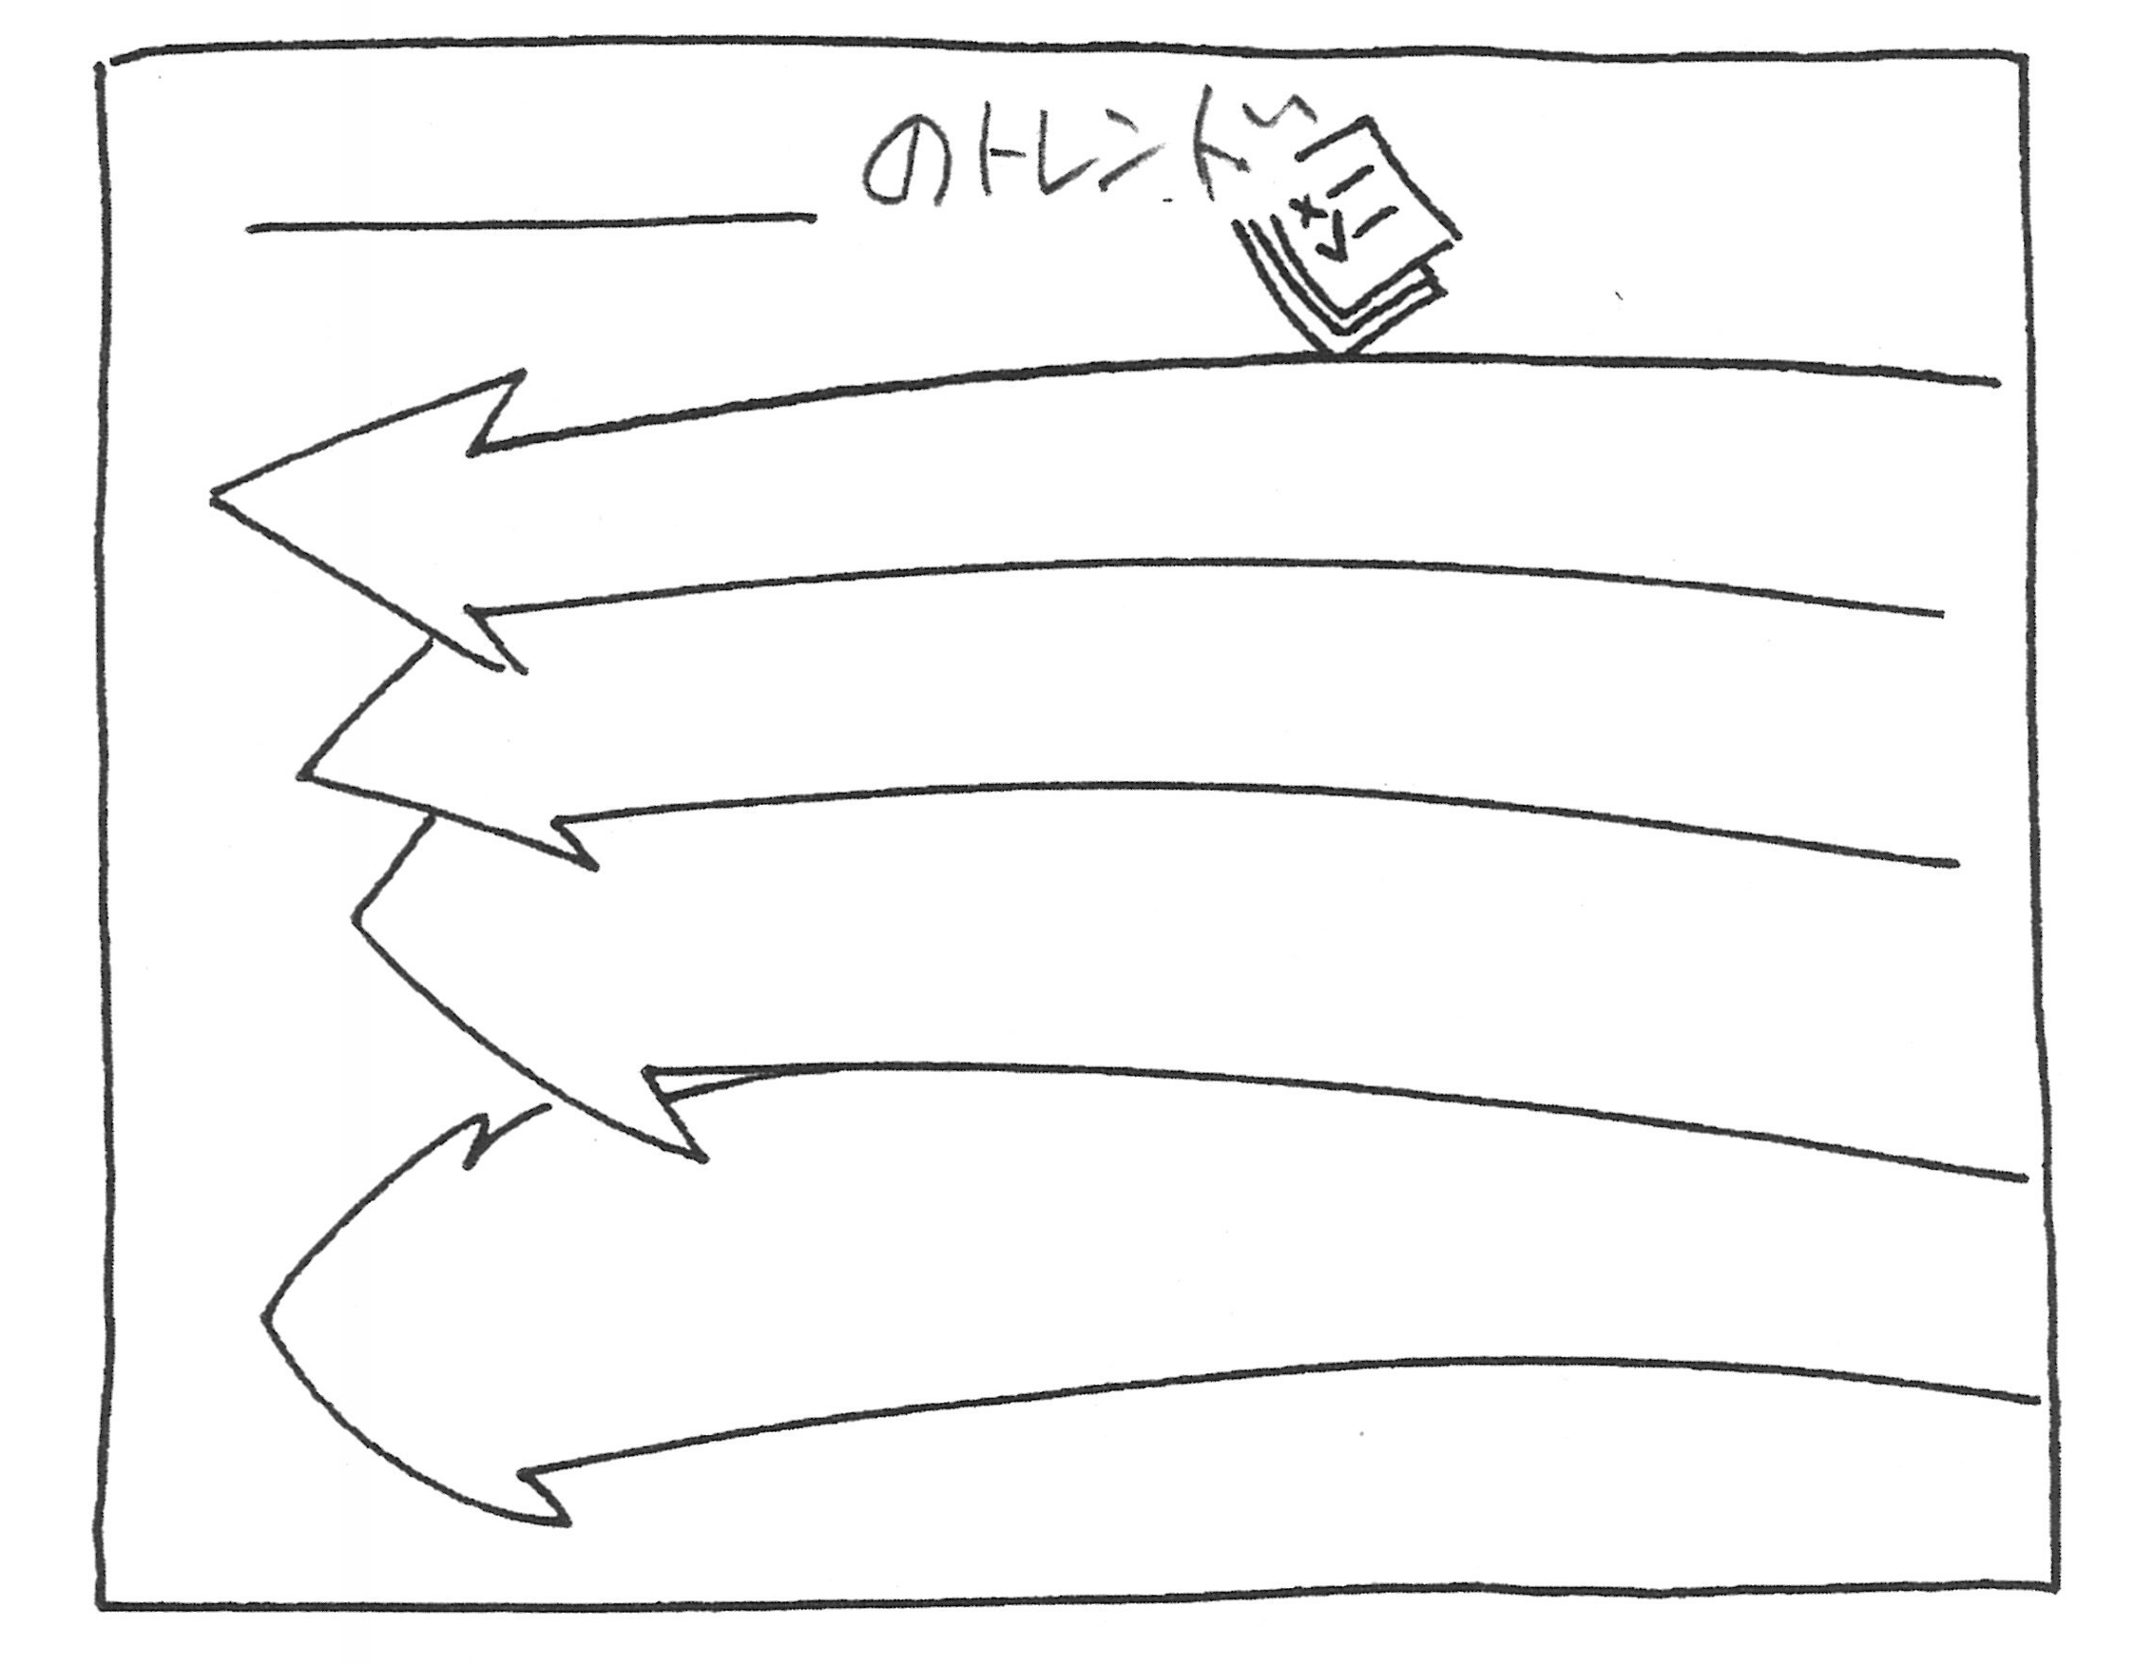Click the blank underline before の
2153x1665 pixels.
pyautogui.click(x=531, y=222)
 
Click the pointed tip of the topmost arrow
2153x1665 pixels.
pyautogui.click(x=212, y=496)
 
